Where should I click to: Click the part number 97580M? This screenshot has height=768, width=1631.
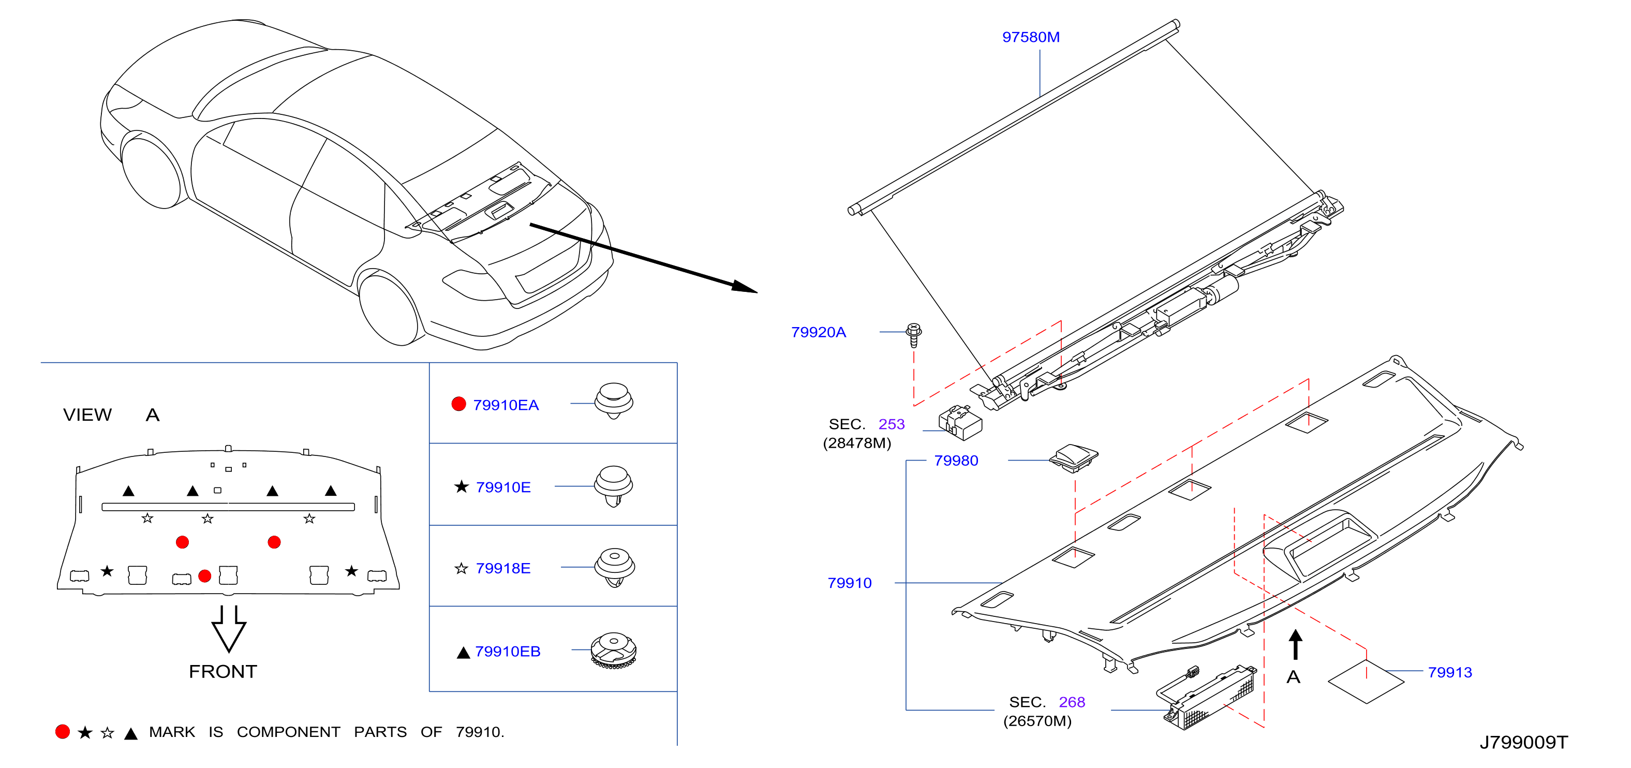tap(1031, 37)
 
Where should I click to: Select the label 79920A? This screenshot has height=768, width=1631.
tap(818, 332)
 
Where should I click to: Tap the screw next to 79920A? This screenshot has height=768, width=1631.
tap(914, 335)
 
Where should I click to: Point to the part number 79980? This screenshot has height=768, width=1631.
tap(956, 461)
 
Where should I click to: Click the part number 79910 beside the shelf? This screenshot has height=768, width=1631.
tap(850, 583)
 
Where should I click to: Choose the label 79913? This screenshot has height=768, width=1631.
tap(1450, 672)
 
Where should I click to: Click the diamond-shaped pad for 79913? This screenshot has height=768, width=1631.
tap(1366, 681)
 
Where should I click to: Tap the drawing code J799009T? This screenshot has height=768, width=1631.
tap(1523, 742)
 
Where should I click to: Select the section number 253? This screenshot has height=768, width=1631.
tap(892, 424)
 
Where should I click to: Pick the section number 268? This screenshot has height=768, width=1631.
tap(1072, 702)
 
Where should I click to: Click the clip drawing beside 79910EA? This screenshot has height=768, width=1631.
tap(614, 400)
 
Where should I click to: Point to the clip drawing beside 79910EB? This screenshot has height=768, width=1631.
tap(613, 650)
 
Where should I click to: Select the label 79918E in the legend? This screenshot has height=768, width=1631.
tap(503, 569)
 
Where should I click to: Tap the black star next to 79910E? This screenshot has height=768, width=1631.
tap(462, 486)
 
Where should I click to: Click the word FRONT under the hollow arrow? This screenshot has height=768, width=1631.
tap(223, 672)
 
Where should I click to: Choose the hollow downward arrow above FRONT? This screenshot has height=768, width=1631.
tap(229, 629)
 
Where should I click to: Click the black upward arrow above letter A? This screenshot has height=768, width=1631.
tap(1295, 644)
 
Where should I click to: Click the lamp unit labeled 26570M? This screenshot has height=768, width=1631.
tap(1209, 698)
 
